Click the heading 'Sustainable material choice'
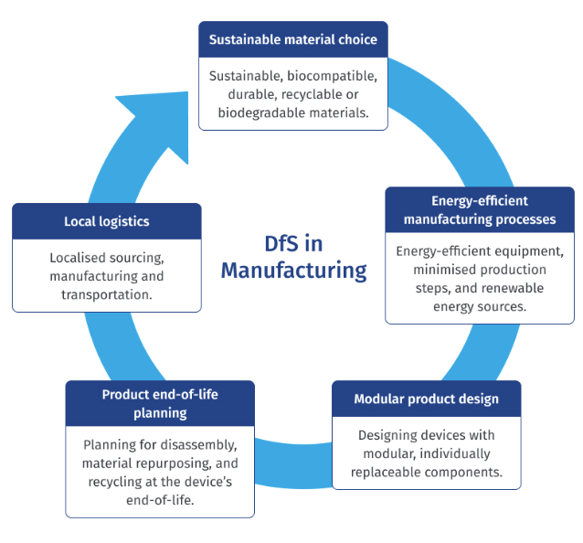[292, 40]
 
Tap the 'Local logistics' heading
[107, 221]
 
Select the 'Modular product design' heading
[427, 399]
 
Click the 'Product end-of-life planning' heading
[160, 403]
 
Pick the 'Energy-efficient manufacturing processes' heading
[480, 210]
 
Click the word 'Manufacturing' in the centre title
[293, 271]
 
